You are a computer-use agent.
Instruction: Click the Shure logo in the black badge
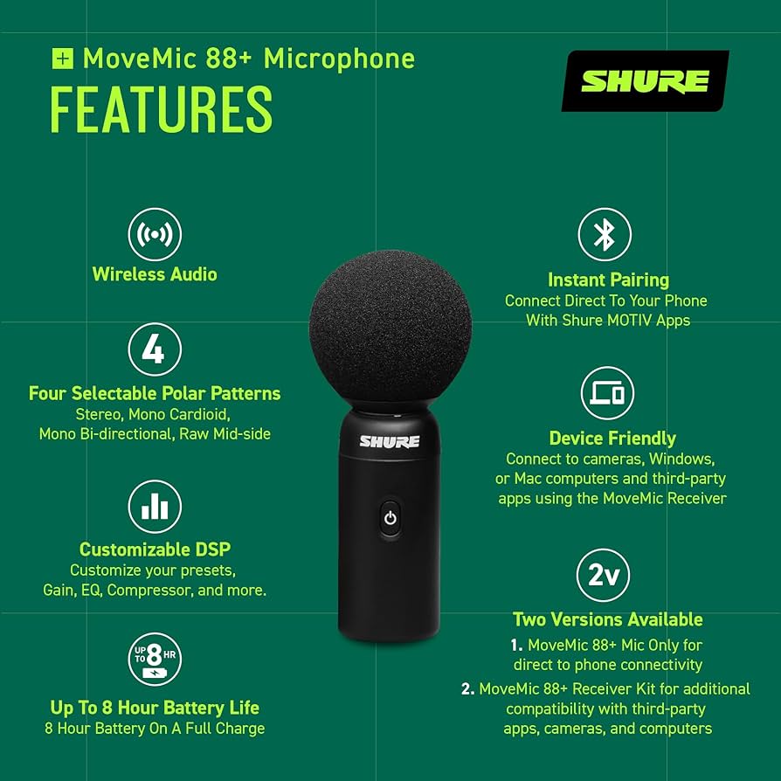[x=645, y=81]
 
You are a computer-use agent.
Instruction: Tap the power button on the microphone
[x=390, y=518]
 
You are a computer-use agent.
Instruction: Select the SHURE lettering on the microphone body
[x=390, y=441]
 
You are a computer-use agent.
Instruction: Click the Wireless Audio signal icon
[x=155, y=234]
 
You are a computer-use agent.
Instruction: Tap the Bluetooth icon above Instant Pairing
[x=605, y=234]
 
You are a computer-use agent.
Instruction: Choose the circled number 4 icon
[x=155, y=349]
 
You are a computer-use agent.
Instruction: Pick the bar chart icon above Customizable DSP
[x=155, y=507]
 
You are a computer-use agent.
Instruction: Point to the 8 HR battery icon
[x=155, y=659]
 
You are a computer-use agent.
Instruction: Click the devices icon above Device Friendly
[x=607, y=393]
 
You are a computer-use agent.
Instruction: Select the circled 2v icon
[x=604, y=576]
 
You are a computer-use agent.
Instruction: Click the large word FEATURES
[x=161, y=109]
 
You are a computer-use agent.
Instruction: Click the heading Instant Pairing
[x=608, y=280]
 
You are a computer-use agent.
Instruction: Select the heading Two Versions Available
[x=607, y=619]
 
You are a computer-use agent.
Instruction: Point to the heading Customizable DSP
[x=155, y=549]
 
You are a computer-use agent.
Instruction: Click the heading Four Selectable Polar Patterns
[x=155, y=393]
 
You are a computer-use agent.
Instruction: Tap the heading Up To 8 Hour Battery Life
[x=155, y=708]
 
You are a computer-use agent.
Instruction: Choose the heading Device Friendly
[x=612, y=439]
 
